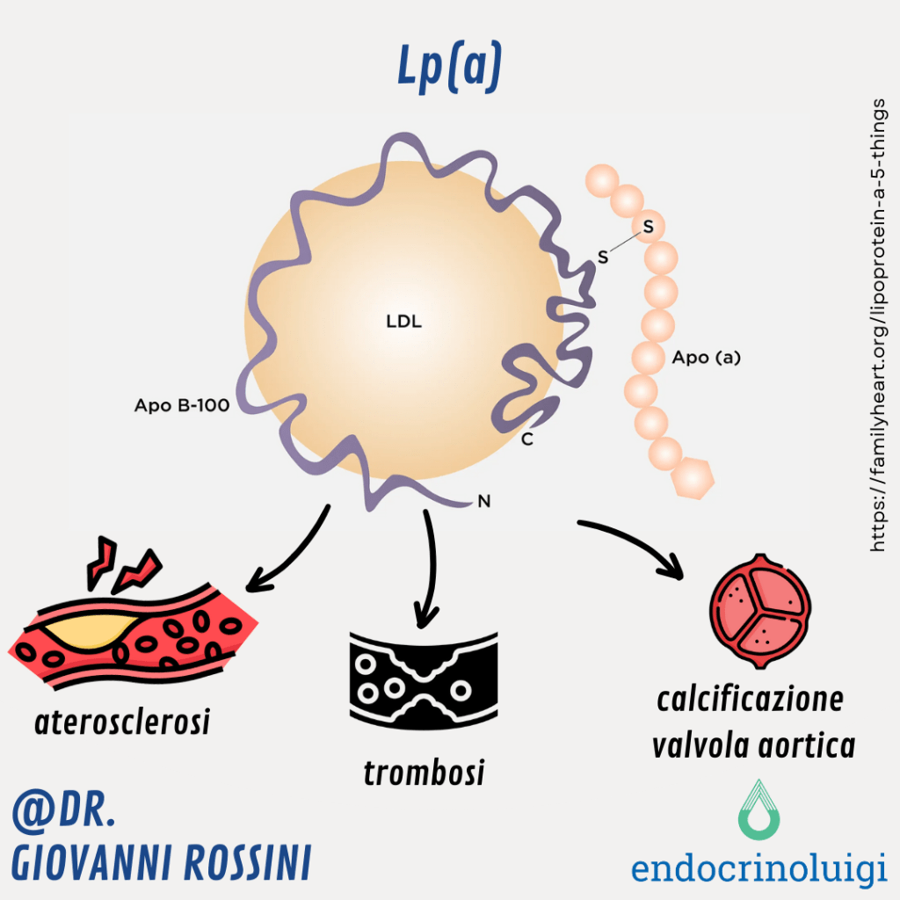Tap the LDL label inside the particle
click(403, 321)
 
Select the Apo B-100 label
click(181, 406)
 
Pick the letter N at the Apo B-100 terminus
click(483, 502)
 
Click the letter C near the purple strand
click(527, 439)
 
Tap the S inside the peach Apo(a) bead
click(649, 227)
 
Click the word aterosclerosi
click(122, 722)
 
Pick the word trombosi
click(424, 773)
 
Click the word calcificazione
click(750, 700)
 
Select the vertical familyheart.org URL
click(876, 325)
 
